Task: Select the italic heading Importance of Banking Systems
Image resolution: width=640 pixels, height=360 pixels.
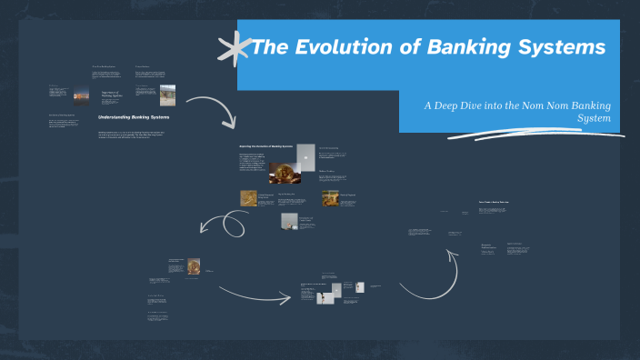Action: pyautogui.click(x=113, y=96)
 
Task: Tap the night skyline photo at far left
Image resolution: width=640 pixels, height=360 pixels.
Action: pyautogui.click(x=81, y=95)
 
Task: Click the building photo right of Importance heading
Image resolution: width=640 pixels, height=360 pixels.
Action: pyautogui.click(x=168, y=95)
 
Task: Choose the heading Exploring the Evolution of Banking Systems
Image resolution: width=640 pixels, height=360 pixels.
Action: pyautogui.click(x=265, y=146)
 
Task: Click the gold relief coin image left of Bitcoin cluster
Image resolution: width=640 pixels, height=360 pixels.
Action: pyautogui.click(x=248, y=197)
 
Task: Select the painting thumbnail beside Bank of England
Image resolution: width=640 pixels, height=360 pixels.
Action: pyautogui.click(x=331, y=198)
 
